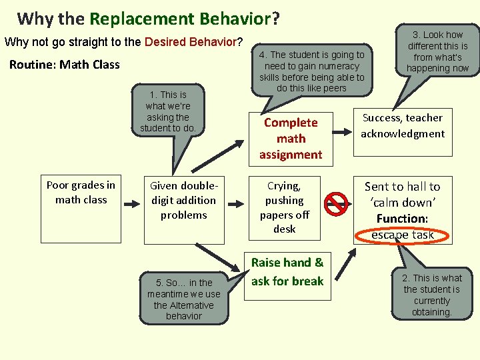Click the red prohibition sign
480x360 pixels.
(x=337, y=204)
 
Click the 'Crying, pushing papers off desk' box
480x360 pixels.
(x=284, y=207)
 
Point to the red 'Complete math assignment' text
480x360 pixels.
(x=291, y=139)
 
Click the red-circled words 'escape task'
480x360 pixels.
(x=403, y=235)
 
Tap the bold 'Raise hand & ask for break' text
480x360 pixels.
(x=287, y=272)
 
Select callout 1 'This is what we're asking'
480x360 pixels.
(x=168, y=111)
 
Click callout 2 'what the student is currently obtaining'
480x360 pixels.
(x=431, y=294)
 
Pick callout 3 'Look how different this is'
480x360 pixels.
(x=437, y=51)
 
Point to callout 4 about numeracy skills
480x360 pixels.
(x=312, y=71)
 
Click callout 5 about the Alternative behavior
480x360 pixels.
(x=184, y=299)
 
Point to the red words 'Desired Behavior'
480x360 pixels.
(x=191, y=42)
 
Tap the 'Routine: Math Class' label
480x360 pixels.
(x=65, y=65)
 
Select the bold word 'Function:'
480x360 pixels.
(x=402, y=219)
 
